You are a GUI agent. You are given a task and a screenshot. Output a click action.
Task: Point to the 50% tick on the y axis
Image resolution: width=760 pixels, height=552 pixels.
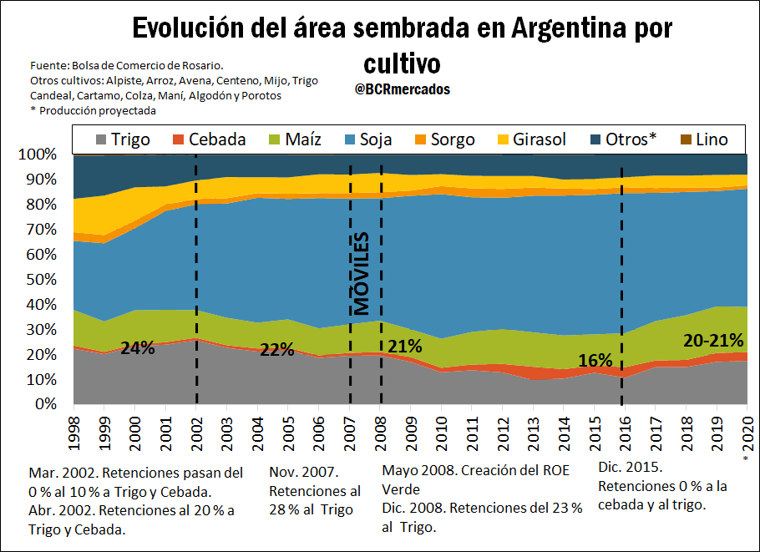click(39, 280)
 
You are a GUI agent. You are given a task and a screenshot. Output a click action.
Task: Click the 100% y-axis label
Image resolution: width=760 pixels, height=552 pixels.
click(37, 154)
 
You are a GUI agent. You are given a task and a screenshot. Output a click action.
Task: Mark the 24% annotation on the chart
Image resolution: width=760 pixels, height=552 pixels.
click(138, 347)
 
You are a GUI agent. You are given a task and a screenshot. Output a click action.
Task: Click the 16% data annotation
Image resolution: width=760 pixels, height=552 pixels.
click(596, 361)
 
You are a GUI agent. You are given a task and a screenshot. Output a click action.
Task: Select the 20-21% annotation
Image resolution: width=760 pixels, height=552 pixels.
click(713, 341)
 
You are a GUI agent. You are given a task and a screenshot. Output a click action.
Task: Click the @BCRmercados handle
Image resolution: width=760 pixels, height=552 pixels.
click(402, 89)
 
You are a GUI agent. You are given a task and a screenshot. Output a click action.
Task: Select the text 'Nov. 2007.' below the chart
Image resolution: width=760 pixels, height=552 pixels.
click(302, 472)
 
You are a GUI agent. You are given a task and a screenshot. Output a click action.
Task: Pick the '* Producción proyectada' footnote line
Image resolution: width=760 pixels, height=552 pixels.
click(93, 110)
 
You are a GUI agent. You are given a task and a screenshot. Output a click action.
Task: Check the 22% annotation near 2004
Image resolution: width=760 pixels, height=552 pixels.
click(276, 349)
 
